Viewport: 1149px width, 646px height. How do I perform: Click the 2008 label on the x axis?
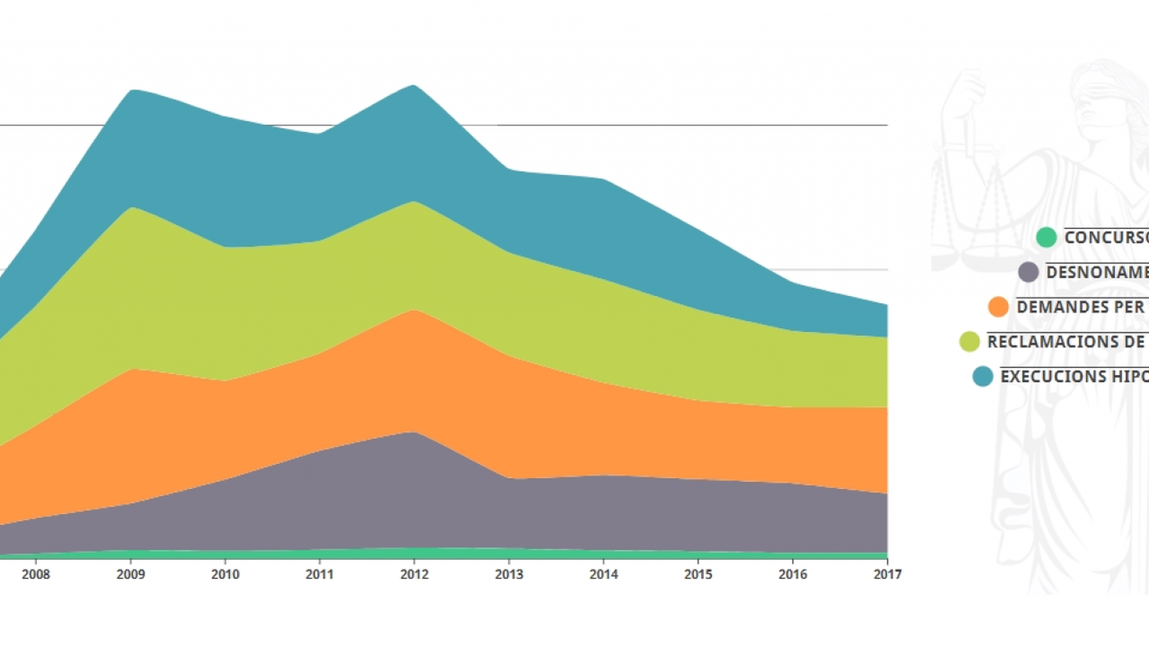(x=36, y=574)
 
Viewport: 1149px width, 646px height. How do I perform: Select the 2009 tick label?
(x=131, y=574)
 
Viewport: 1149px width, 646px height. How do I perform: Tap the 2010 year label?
(x=225, y=574)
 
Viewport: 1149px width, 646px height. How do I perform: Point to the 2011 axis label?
(x=320, y=574)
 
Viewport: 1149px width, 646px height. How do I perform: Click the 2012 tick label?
(x=414, y=574)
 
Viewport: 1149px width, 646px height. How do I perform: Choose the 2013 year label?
(x=509, y=574)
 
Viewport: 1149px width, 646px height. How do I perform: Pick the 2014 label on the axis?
(x=603, y=574)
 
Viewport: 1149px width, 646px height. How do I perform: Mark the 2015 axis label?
(x=698, y=574)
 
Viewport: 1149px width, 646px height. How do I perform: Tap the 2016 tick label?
(x=793, y=574)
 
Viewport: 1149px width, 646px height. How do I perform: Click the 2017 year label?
(x=887, y=574)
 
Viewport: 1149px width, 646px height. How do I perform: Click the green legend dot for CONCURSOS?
(x=1046, y=237)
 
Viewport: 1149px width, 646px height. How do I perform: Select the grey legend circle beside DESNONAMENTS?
(x=1028, y=272)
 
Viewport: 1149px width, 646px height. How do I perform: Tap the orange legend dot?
(x=998, y=306)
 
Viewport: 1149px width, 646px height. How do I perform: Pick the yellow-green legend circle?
(x=969, y=342)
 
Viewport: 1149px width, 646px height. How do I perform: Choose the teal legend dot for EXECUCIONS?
(x=982, y=376)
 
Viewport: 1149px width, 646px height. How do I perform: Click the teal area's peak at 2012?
(x=414, y=88)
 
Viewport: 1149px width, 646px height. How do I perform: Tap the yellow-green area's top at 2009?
(x=132, y=210)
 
